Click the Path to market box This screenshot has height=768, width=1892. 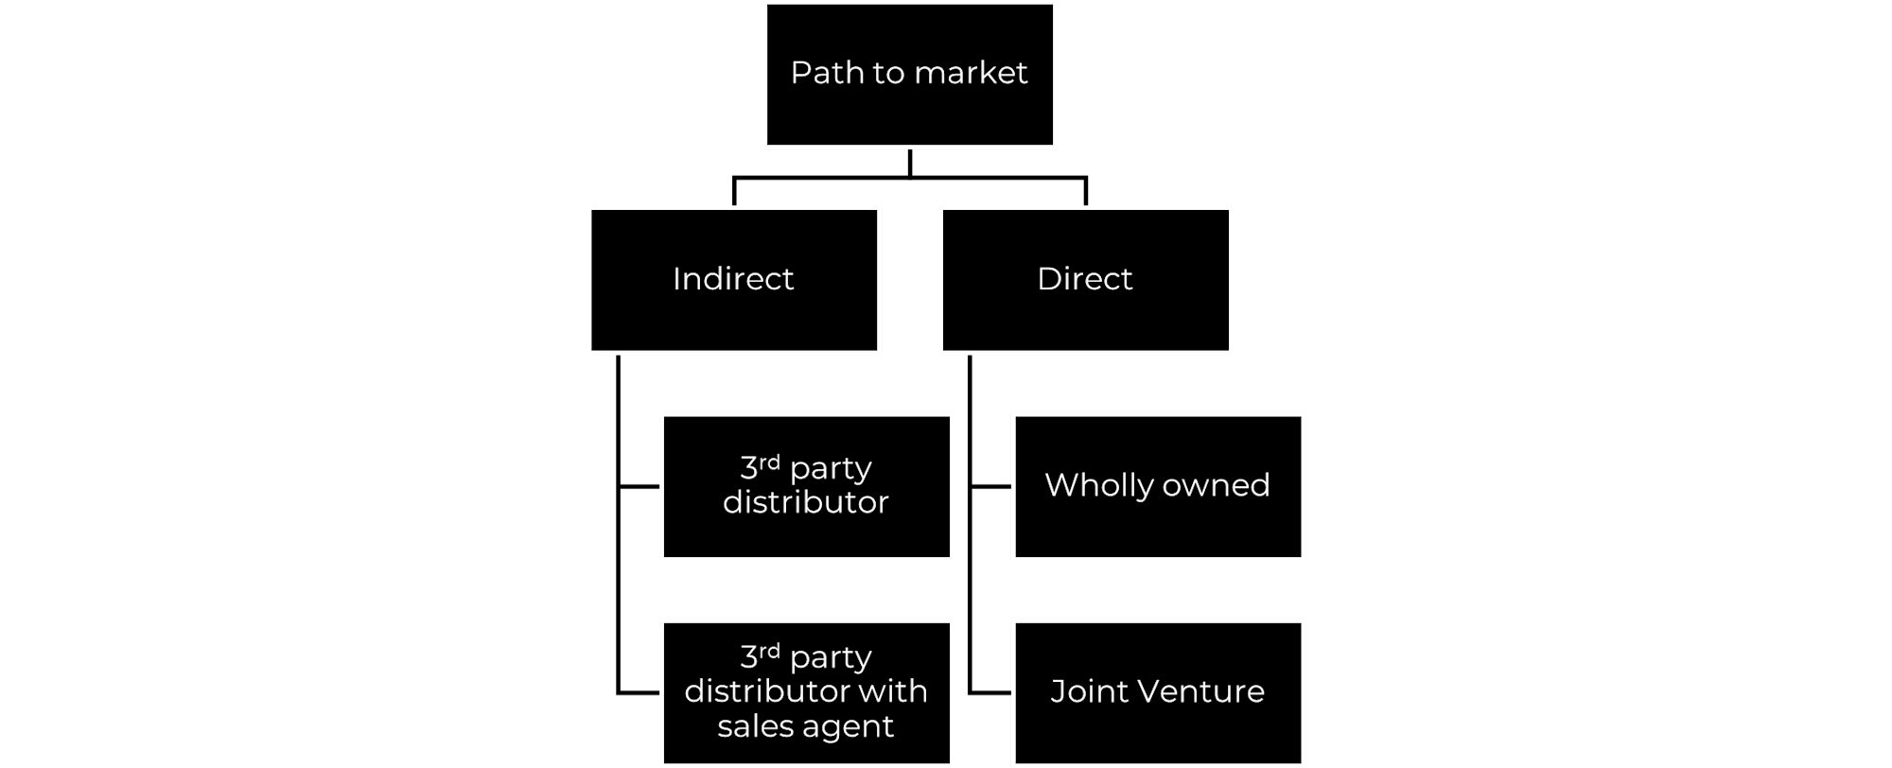(909, 75)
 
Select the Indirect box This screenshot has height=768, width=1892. (734, 280)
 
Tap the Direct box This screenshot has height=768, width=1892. (1086, 280)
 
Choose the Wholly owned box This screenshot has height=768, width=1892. (1158, 486)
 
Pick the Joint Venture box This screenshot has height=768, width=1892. (1158, 692)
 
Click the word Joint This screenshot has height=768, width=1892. (1090, 691)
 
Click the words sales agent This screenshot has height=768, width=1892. (806, 726)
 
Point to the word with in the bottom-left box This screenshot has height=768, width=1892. (896, 690)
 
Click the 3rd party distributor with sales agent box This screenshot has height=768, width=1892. (807, 692)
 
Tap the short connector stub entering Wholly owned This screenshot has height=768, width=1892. (991, 486)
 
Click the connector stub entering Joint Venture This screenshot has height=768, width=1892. (991, 692)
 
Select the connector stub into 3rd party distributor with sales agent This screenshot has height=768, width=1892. (639, 692)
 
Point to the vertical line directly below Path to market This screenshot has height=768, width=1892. (910, 163)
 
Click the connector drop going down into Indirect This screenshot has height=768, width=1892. (734, 191)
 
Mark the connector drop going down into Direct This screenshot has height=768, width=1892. (1086, 191)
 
